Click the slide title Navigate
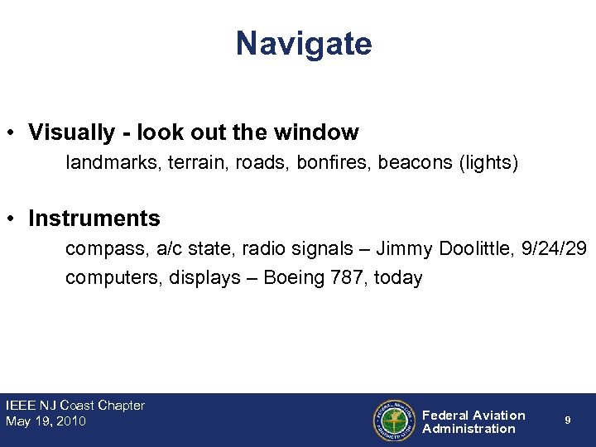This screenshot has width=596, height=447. click(x=304, y=44)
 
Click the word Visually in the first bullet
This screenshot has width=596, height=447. click(x=72, y=132)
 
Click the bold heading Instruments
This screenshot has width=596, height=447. click(x=94, y=219)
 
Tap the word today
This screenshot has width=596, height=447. click(x=398, y=277)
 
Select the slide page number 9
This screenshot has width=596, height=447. click(x=567, y=421)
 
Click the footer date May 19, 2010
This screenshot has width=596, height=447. click(x=46, y=421)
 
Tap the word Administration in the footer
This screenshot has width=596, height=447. click(x=469, y=429)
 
